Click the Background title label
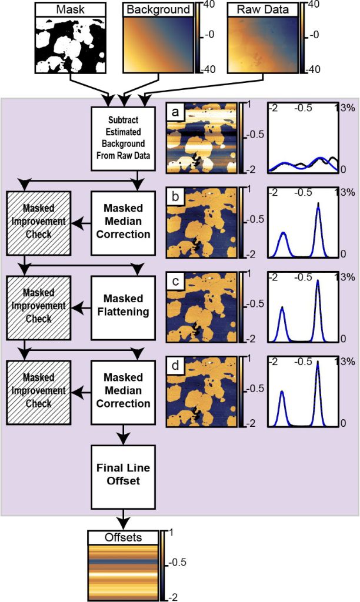coord(158,9)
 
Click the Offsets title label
coord(124,537)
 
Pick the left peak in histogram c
coord(282,309)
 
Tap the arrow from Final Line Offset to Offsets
coord(124,518)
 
